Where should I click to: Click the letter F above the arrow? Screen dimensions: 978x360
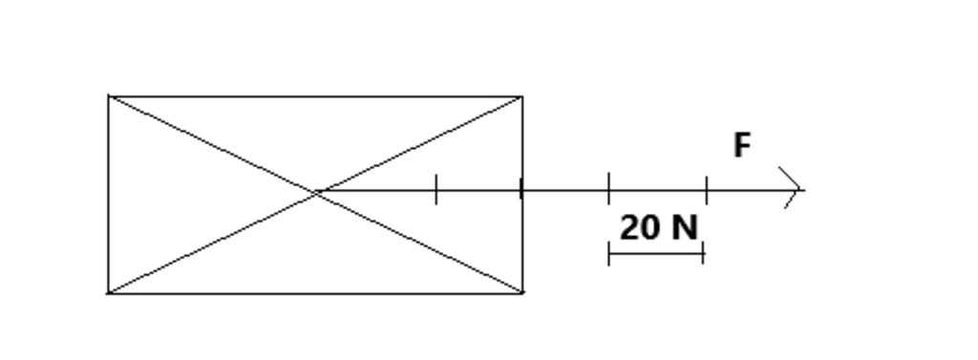point(742,145)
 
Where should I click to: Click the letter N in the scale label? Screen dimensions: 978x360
point(685,228)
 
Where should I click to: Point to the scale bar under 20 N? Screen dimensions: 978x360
point(656,254)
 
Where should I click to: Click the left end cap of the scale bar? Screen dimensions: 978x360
point(609,254)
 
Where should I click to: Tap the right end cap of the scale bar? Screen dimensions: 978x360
point(703,254)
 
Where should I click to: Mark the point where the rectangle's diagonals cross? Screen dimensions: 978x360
point(316,192)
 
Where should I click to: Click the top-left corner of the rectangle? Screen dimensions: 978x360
point(109,96)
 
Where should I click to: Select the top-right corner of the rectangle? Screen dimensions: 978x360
point(521,96)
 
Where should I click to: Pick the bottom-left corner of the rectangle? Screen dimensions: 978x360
point(109,292)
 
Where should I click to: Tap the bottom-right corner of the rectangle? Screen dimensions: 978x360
point(522,292)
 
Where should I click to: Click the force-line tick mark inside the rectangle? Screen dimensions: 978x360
point(436,189)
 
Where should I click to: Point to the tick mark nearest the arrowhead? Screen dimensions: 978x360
point(707,189)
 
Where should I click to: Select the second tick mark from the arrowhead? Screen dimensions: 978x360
point(609,189)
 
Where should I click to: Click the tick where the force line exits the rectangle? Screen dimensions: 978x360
point(521,189)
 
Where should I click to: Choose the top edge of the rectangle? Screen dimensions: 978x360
point(315,96)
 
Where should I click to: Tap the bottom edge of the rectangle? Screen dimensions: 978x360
point(315,292)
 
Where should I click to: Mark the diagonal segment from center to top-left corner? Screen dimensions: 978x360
point(212,144)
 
